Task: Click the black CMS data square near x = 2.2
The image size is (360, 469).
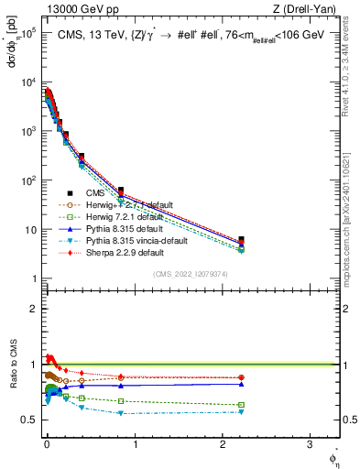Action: click(241, 240)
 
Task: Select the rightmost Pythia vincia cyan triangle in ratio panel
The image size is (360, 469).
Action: click(241, 412)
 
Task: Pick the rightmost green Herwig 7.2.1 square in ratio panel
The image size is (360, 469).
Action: click(241, 405)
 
